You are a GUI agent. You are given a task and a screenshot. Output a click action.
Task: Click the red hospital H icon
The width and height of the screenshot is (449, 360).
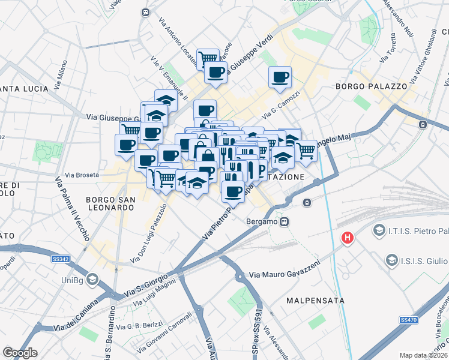(347, 238)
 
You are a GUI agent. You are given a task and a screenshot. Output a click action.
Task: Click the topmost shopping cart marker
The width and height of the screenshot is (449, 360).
(208, 58)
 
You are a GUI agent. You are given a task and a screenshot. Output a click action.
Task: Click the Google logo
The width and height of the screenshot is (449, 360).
(20, 353)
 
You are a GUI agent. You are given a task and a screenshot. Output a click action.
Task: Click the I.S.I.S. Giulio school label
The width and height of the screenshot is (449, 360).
(417, 260)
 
